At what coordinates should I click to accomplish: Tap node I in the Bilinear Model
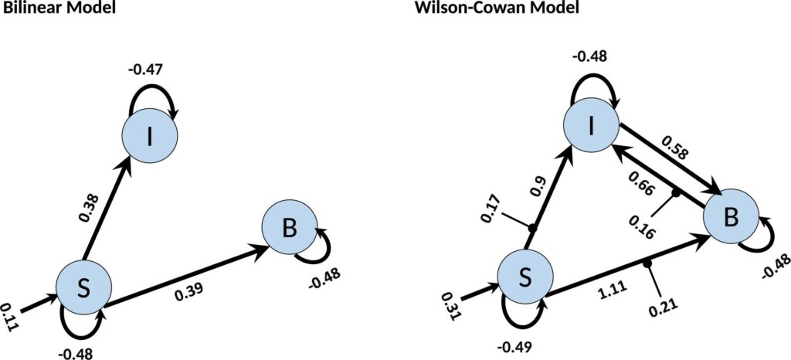tap(151, 136)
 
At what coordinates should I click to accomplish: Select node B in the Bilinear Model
tap(290, 227)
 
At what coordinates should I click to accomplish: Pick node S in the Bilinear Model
tap(81, 288)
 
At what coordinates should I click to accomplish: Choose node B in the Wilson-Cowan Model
tap(730, 221)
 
